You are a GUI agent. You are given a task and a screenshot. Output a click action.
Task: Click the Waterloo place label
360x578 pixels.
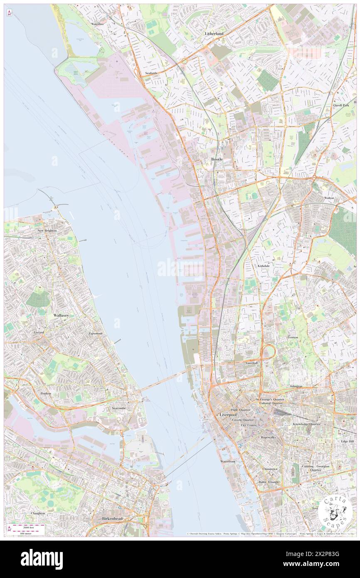tap(97, 24)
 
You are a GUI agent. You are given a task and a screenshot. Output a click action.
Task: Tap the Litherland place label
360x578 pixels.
tap(214, 33)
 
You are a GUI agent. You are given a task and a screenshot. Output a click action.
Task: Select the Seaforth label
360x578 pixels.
tap(151, 73)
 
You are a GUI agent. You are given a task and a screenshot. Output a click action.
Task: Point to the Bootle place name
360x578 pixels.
tap(217, 159)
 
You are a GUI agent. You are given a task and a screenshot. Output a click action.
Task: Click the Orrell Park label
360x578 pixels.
tap(341, 106)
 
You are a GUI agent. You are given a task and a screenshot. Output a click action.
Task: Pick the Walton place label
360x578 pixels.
tap(329, 198)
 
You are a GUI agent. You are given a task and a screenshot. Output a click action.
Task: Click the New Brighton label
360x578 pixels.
tap(47, 230)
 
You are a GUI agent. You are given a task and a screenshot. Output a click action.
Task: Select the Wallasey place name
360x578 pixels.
tap(61, 316)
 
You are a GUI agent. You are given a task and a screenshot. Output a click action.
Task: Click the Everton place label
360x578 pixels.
tap(292, 337)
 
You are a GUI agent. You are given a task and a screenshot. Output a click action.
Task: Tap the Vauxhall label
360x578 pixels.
tap(252, 363)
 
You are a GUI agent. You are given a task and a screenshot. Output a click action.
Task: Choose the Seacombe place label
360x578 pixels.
tap(118, 408)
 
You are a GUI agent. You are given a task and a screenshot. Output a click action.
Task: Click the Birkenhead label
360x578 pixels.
tap(113, 519)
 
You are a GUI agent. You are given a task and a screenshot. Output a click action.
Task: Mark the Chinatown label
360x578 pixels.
tap(270, 469)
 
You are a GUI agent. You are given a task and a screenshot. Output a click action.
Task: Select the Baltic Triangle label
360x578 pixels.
tap(269, 482)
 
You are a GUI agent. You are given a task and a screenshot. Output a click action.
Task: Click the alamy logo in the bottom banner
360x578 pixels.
tap(42, 559)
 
